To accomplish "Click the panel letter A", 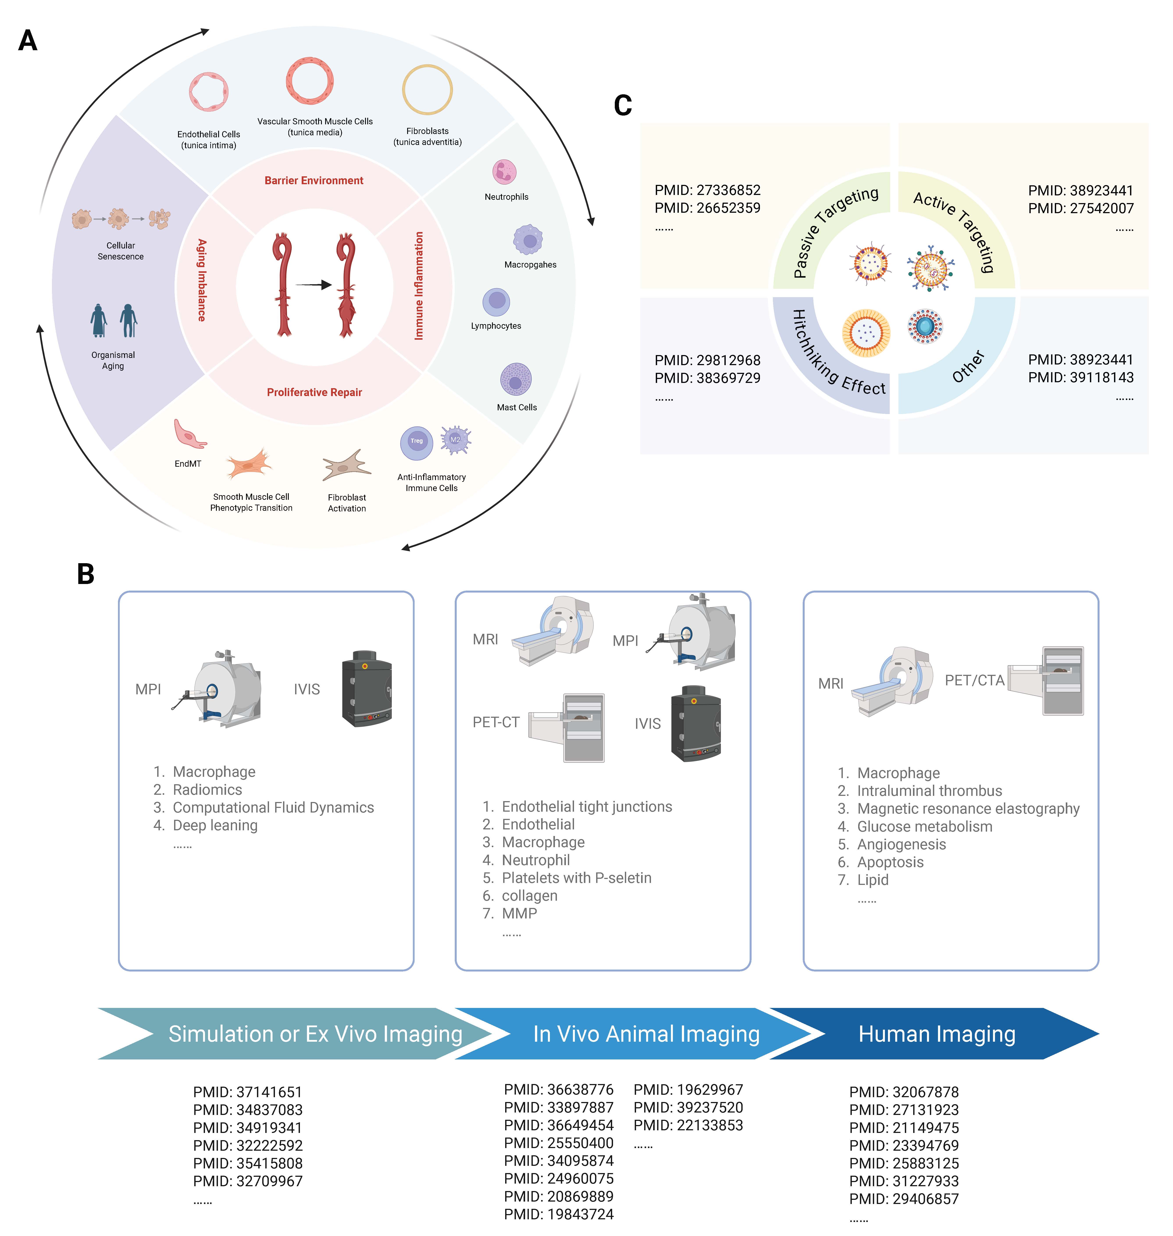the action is tap(27, 41).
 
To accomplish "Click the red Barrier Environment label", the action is tap(314, 181).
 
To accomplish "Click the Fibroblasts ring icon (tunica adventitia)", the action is tap(427, 89).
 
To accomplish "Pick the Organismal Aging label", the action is tap(113, 360).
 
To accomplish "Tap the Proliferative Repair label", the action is tap(314, 392).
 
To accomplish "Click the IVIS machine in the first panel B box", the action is tap(367, 689).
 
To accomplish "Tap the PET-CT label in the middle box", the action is tap(496, 722).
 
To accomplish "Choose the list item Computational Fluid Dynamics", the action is tap(273, 807).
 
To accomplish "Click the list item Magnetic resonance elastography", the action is tap(968, 809).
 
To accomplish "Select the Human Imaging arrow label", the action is tap(937, 1034).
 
